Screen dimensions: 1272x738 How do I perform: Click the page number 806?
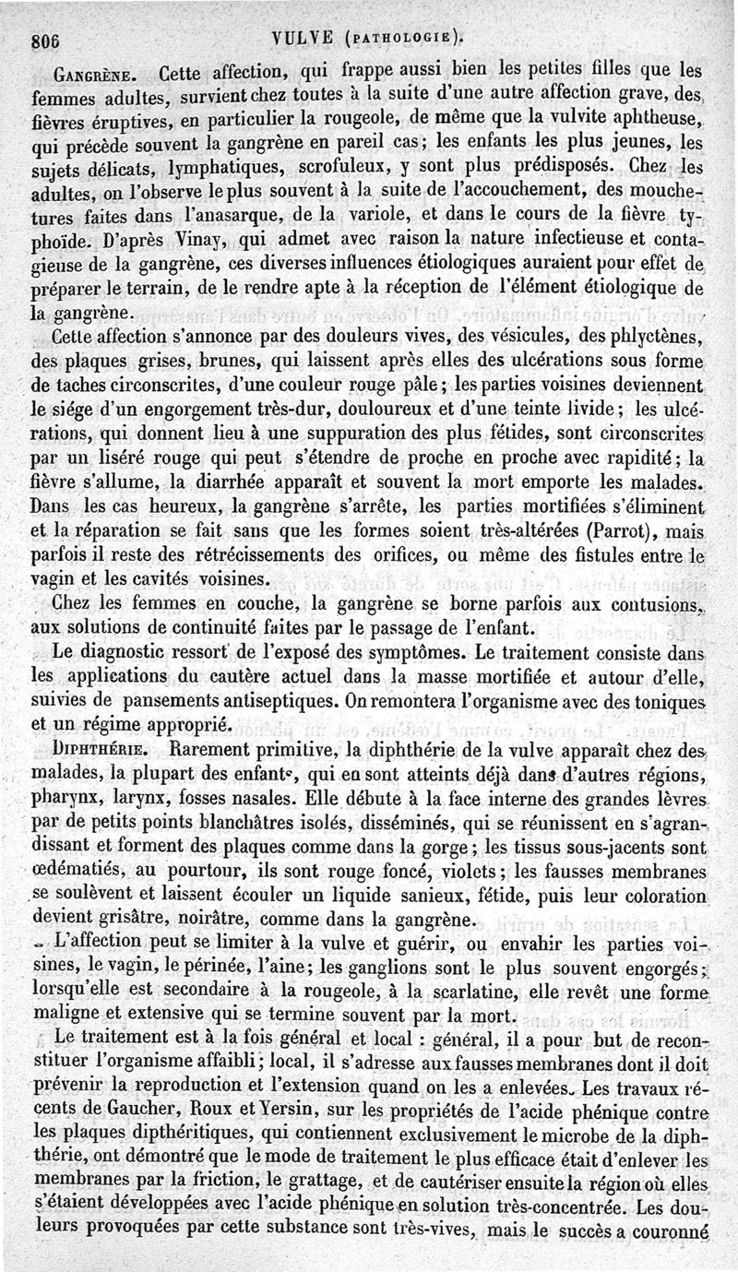tap(43, 40)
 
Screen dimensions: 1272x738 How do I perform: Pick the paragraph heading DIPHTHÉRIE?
tap(99, 748)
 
